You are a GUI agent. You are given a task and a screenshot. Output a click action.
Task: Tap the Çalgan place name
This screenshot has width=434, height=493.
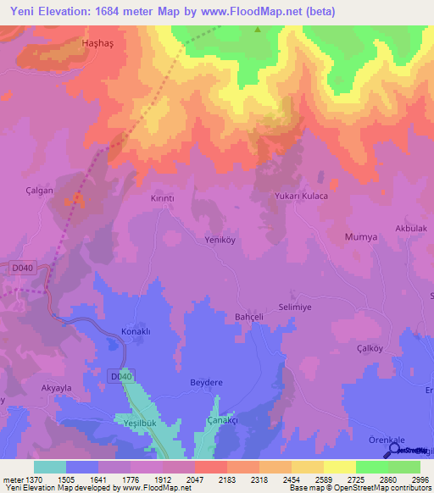click(40, 191)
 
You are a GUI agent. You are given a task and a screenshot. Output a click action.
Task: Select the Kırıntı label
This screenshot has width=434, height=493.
click(162, 197)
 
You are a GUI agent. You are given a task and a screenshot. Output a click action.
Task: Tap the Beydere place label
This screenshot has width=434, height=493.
click(205, 383)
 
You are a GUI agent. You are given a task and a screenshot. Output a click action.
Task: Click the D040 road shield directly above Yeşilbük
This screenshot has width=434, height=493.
click(121, 375)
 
